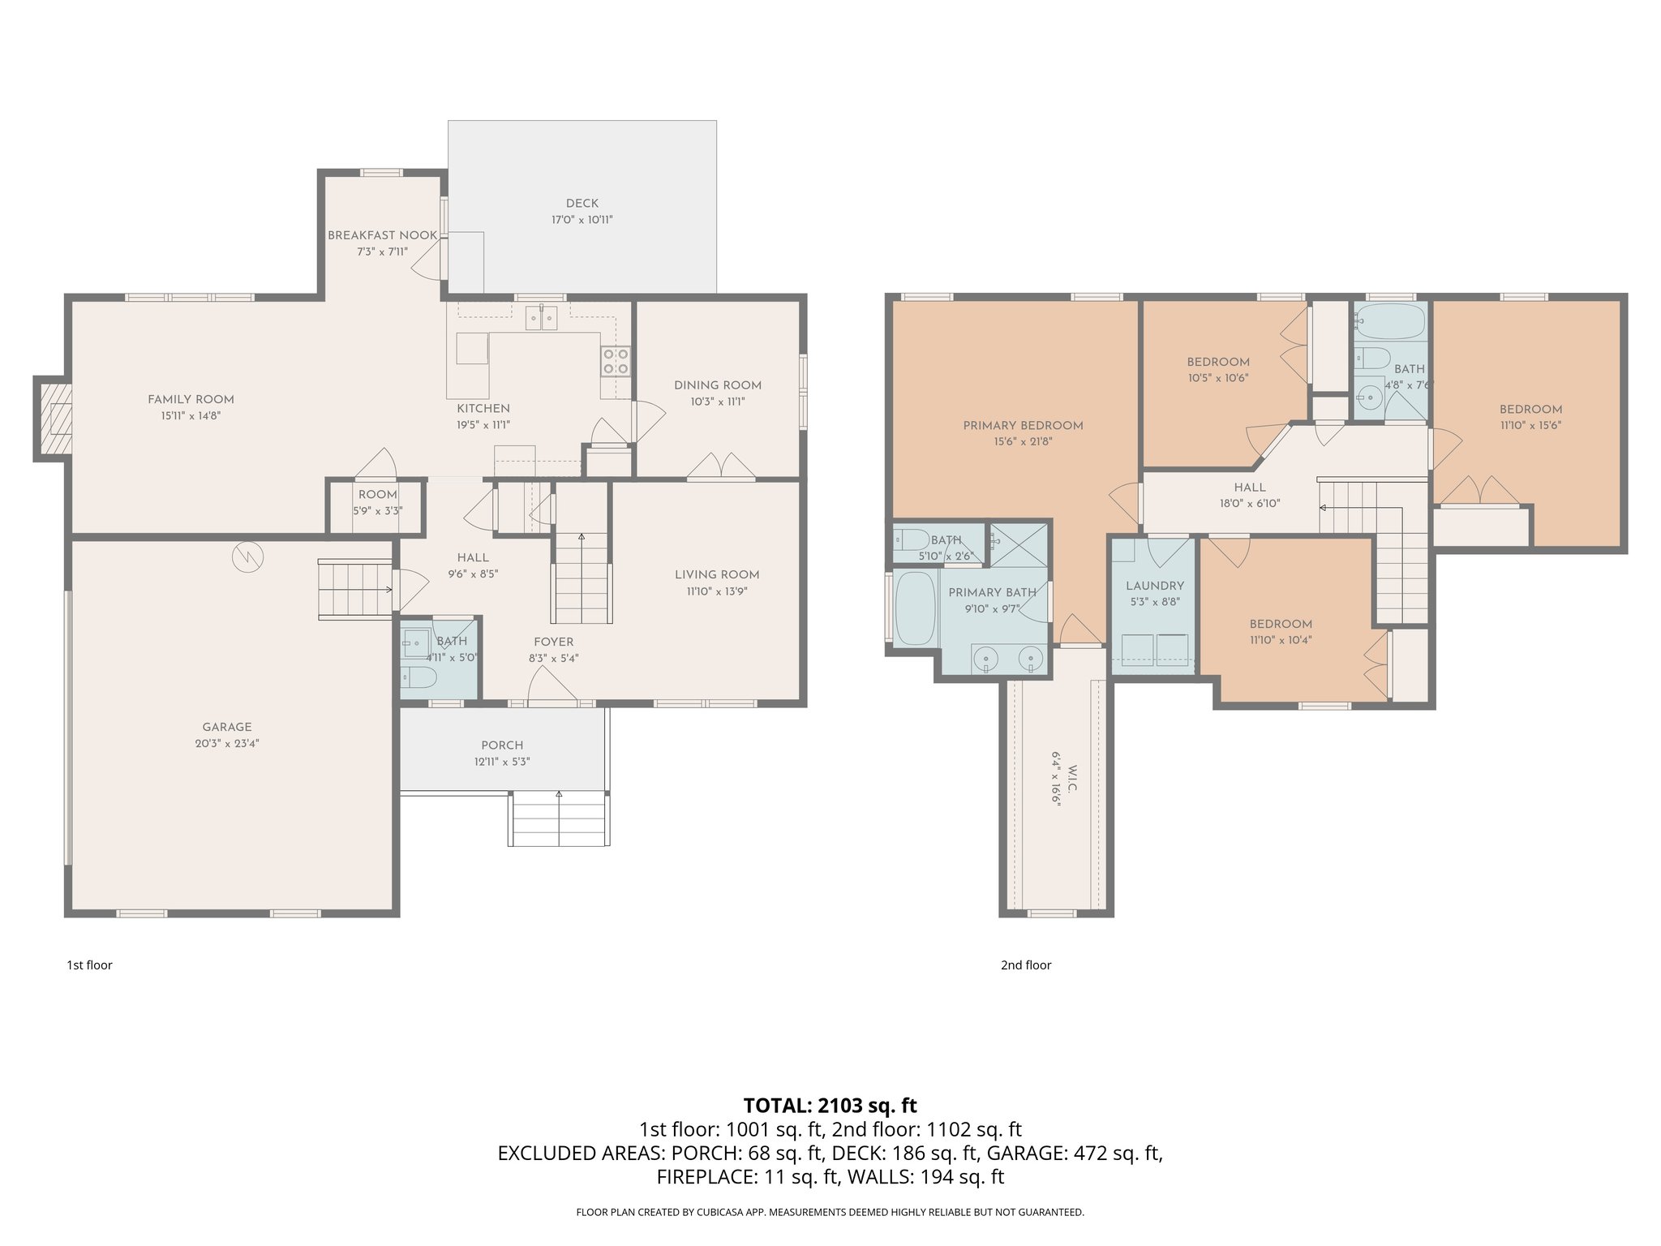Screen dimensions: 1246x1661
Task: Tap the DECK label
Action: (x=582, y=204)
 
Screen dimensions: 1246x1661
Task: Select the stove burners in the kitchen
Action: (x=615, y=361)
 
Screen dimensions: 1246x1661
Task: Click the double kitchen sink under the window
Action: (x=541, y=317)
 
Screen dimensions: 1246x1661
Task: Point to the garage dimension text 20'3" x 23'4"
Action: (x=227, y=743)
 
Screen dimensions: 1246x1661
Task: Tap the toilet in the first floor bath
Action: (x=418, y=676)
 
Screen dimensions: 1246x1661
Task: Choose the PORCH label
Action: (x=502, y=745)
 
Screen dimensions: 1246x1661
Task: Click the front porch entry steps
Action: (x=559, y=819)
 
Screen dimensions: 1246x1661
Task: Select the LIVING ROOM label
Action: (x=716, y=574)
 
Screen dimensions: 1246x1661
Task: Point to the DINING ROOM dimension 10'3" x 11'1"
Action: (x=718, y=402)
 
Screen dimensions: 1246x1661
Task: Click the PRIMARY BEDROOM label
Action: (x=1023, y=425)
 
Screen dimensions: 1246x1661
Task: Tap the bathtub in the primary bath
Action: (x=914, y=608)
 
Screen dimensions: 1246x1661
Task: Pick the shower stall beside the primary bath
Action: (x=1019, y=546)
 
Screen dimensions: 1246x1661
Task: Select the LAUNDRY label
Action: (x=1154, y=586)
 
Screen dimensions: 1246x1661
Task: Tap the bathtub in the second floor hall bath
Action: (x=1390, y=322)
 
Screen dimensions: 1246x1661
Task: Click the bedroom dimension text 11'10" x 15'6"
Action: (x=1530, y=425)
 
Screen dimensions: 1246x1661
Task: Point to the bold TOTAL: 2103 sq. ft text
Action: (x=830, y=1105)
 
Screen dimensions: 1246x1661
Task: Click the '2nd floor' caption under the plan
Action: (x=1025, y=965)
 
